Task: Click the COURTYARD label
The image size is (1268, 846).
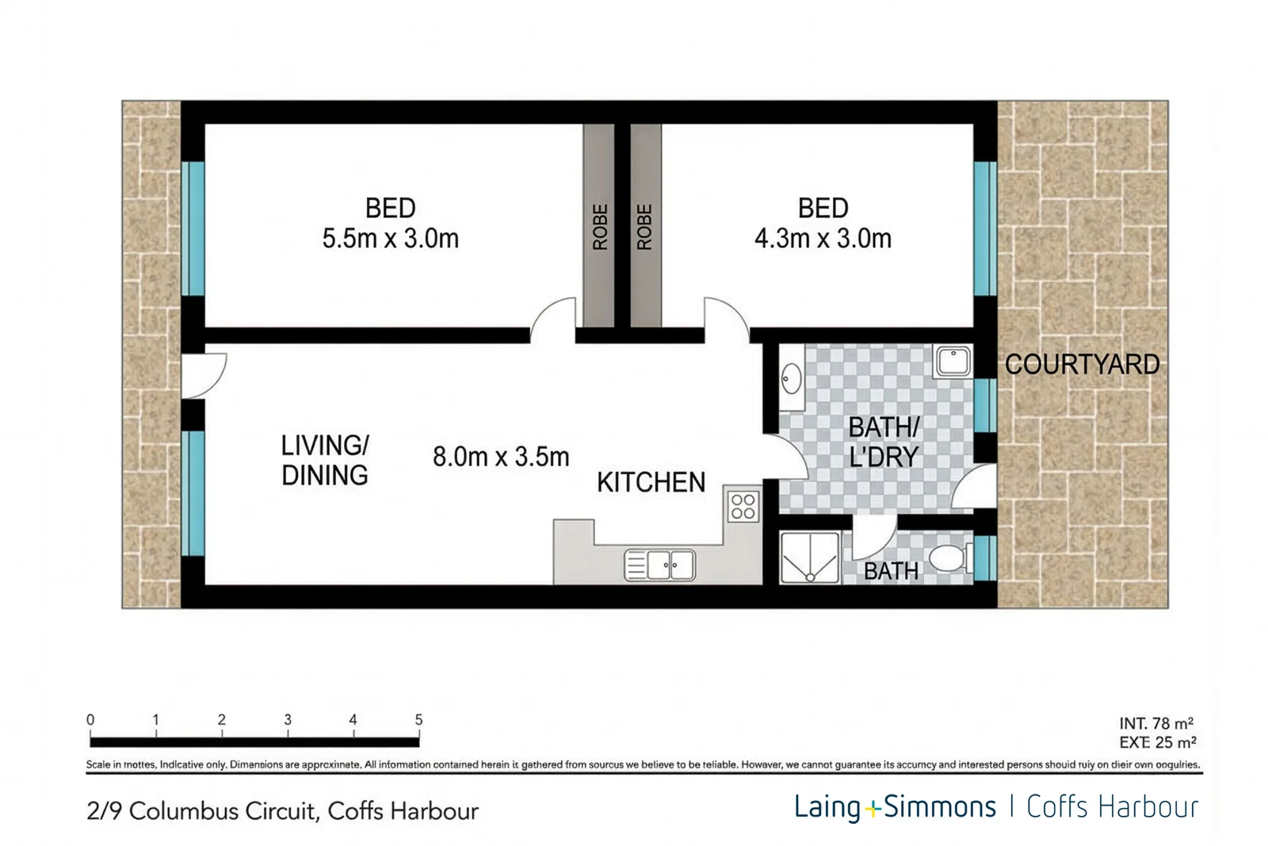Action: [1082, 365]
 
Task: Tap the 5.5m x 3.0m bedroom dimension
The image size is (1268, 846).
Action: [390, 239]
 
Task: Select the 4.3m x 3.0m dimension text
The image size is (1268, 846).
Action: [823, 239]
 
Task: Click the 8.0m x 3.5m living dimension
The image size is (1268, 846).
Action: [501, 457]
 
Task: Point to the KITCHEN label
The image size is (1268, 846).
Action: [651, 482]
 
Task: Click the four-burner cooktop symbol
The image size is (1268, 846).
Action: [743, 507]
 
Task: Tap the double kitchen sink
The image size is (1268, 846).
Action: [660, 565]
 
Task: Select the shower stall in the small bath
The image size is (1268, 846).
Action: [809, 558]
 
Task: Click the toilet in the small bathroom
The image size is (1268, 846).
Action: [949, 558]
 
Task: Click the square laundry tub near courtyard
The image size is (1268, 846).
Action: [952, 362]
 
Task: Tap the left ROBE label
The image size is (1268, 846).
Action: [600, 228]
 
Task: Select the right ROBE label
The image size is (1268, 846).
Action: [644, 228]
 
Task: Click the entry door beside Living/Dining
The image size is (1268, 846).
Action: [203, 375]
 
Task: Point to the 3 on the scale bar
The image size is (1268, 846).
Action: [288, 720]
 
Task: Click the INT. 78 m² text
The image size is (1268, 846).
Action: [1156, 723]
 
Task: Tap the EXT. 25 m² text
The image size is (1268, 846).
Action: [1156, 743]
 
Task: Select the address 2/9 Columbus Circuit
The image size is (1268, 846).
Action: [282, 811]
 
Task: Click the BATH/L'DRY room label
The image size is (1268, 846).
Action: [883, 442]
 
